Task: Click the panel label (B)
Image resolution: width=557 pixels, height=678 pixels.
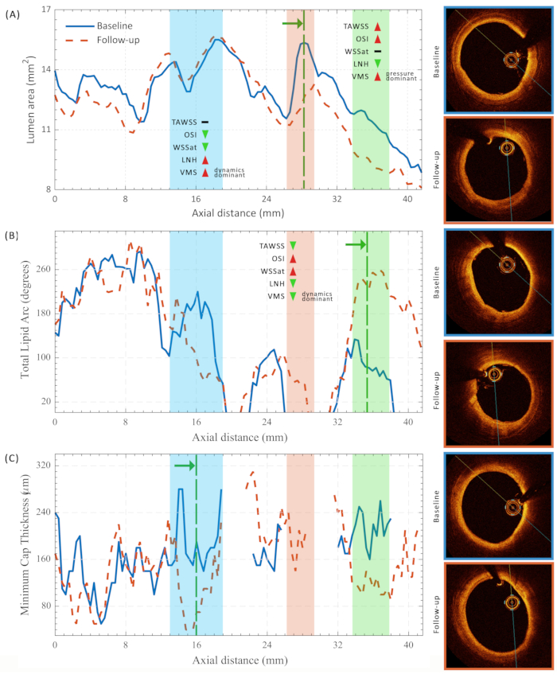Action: point(14,236)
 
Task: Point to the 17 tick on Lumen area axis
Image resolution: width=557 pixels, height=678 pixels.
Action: point(45,10)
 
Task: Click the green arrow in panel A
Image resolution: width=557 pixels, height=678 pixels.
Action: point(292,24)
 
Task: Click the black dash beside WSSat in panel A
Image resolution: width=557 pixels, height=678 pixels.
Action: point(378,52)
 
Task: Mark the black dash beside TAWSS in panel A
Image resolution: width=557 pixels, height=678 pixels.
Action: point(205,122)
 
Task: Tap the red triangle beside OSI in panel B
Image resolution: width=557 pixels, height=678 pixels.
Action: point(293,259)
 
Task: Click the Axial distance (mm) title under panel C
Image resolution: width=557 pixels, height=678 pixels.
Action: point(237,660)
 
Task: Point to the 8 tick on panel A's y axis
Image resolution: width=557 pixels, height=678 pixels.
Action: point(48,189)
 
